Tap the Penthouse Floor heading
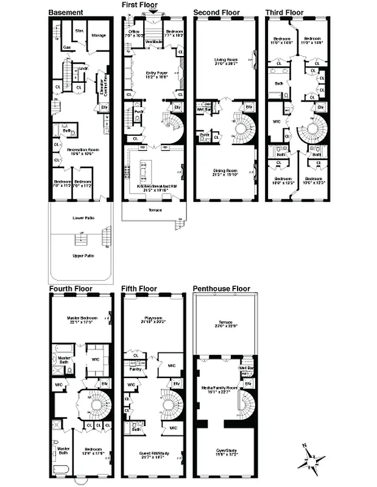point(221,289)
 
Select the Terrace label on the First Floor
point(155,210)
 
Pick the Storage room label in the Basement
point(99,35)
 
